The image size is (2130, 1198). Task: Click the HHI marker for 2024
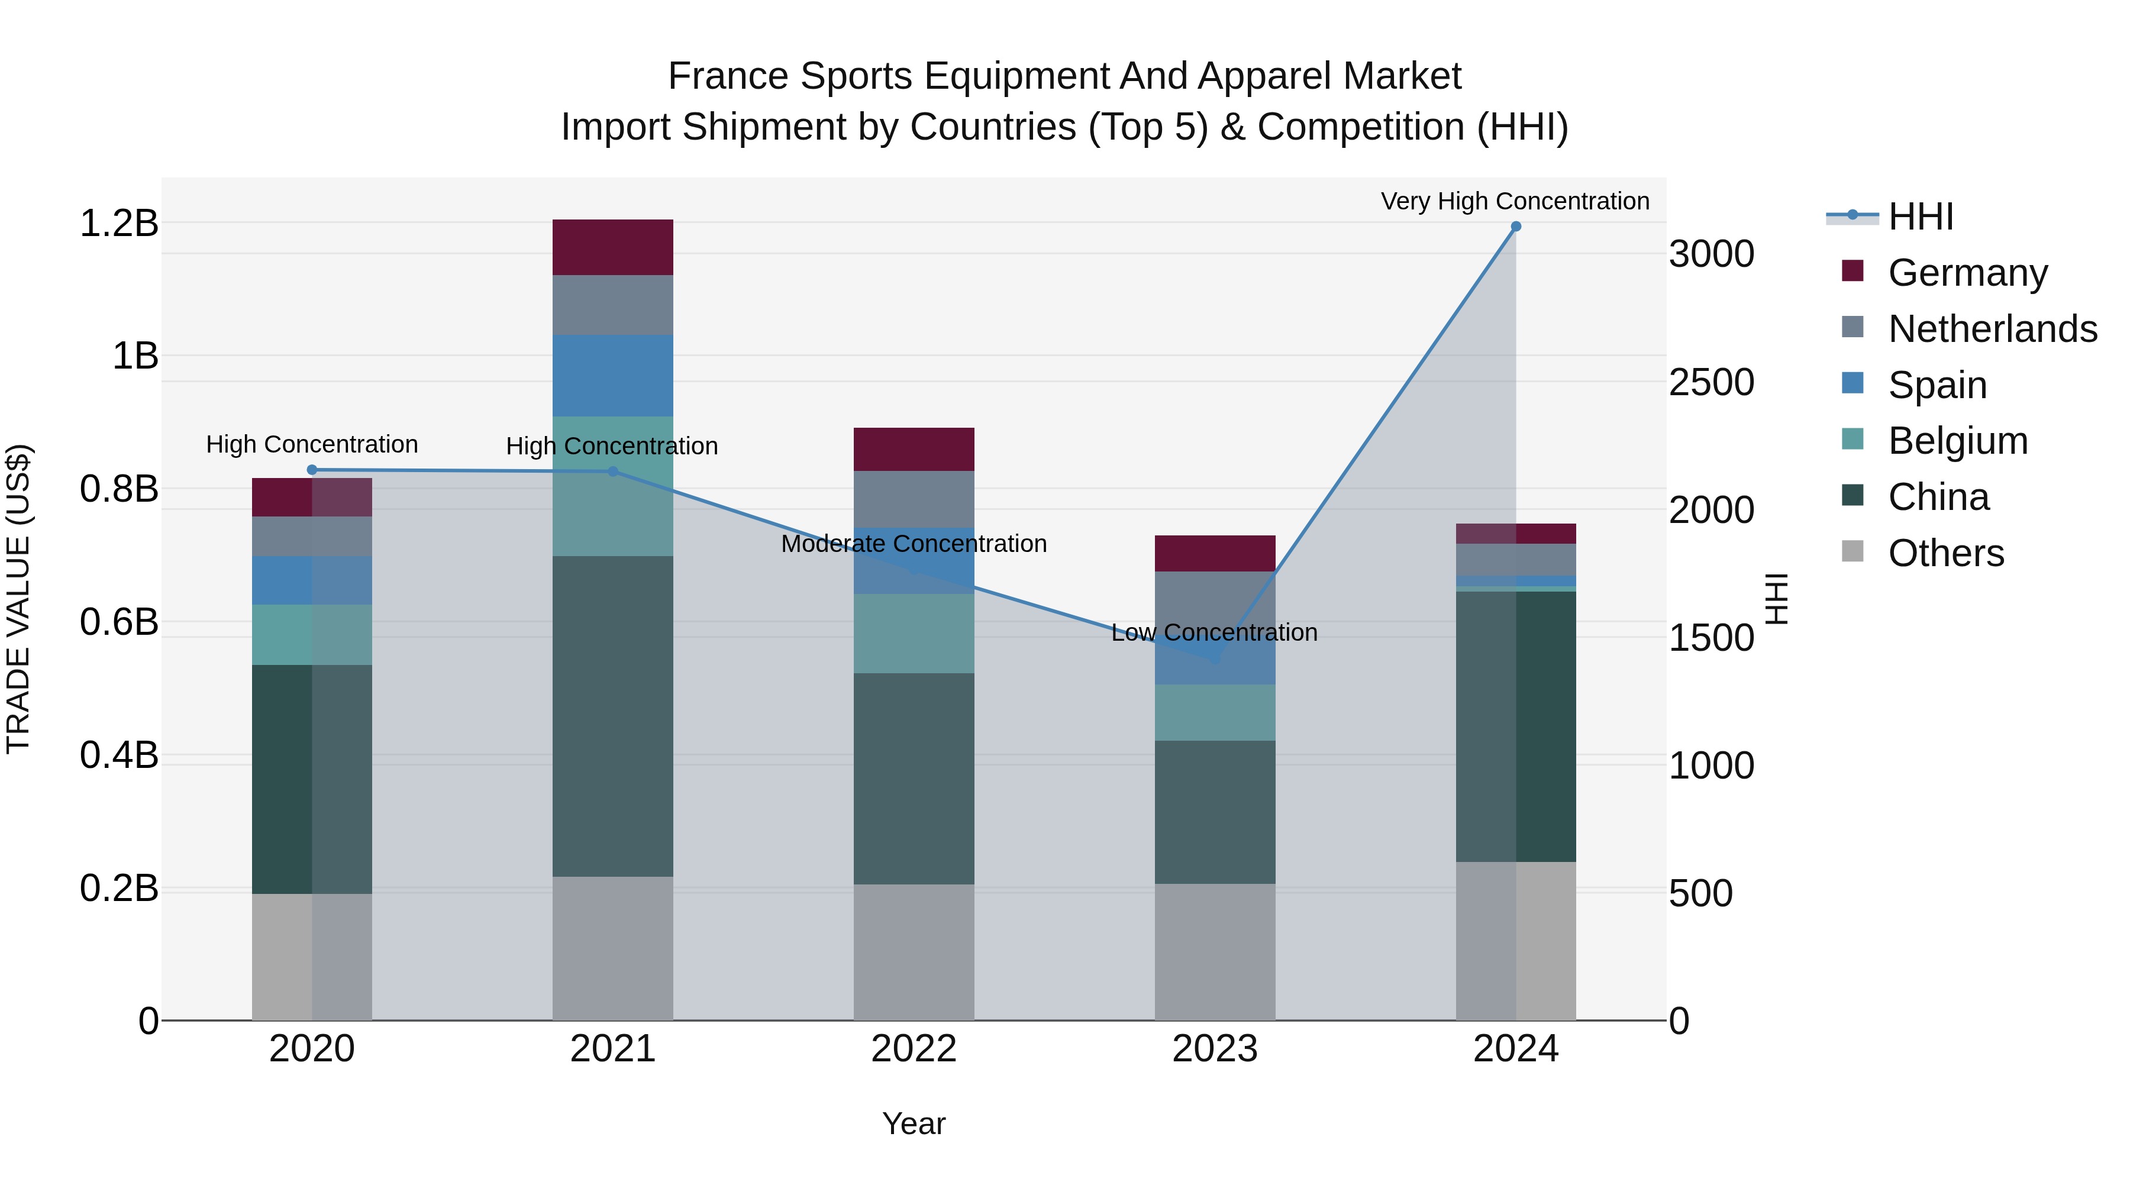tap(1516, 227)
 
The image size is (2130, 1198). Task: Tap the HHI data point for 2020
tap(312, 470)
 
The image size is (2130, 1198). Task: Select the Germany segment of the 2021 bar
tap(613, 247)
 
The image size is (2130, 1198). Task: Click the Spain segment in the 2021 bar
tap(613, 375)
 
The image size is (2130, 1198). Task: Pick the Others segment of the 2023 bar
tap(1215, 952)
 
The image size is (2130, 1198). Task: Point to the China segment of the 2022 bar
tap(914, 779)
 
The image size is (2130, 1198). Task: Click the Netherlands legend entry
tap(1992, 329)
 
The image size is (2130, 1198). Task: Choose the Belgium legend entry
tap(1957, 441)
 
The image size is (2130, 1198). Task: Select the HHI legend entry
tap(1921, 217)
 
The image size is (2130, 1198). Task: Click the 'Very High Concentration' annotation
tap(1515, 201)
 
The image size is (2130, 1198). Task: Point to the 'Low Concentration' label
tap(1214, 632)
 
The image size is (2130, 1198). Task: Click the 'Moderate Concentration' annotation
tap(914, 544)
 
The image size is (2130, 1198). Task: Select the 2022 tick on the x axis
tap(914, 1049)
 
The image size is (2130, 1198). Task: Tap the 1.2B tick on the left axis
tap(118, 223)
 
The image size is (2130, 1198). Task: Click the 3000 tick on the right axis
tap(1711, 254)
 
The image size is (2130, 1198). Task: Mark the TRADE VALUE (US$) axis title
tap(18, 599)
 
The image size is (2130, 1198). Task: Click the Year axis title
tap(914, 1123)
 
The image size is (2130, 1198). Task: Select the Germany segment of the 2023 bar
tap(1215, 553)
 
